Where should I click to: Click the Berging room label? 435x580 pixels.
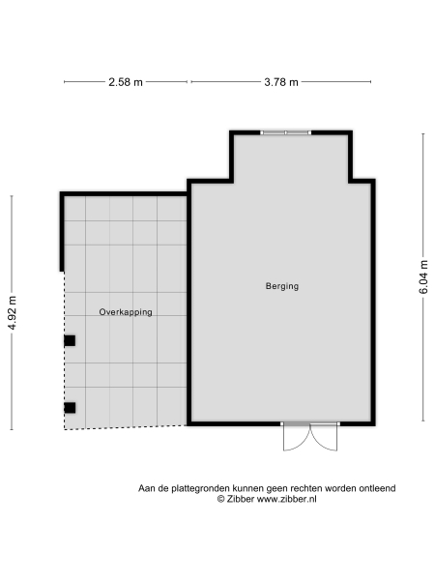coord(282,286)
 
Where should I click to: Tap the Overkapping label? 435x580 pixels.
coord(126,312)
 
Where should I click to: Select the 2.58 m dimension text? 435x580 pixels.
coord(125,82)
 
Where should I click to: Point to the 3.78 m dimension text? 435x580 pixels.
coord(281,82)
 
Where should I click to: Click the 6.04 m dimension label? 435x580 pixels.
coord(422,276)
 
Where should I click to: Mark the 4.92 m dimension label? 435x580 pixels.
coord(13,312)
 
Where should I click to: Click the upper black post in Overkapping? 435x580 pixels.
coord(70,340)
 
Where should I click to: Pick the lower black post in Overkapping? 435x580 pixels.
coord(70,407)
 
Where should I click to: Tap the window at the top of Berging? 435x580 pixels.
coord(286,132)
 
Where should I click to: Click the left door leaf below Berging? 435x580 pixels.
coord(294,438)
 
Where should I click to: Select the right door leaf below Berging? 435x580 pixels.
coord(323,438)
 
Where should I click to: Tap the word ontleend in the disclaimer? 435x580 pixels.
coord(376,488)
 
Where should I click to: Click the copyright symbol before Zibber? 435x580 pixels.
coord(220,499)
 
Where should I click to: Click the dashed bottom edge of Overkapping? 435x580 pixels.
coord(126,426)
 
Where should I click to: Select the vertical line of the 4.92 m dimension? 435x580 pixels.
coord(13,387)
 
